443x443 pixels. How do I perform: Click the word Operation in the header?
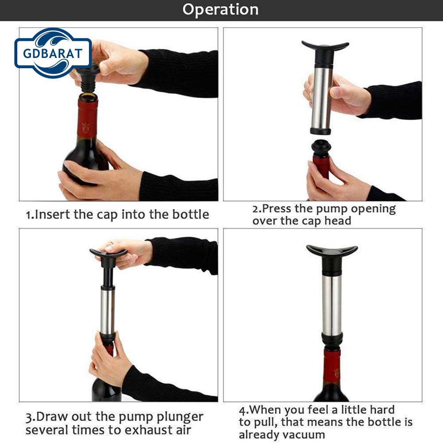tap(220, 10)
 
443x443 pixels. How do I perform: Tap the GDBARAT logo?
tap(53, 53)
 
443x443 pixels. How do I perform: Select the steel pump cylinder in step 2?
tap(321, 97)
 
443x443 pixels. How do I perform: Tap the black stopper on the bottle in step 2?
tap(321, 148)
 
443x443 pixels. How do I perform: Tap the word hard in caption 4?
tap(381, 409)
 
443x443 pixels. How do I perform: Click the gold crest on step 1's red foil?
tap(86, 128)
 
